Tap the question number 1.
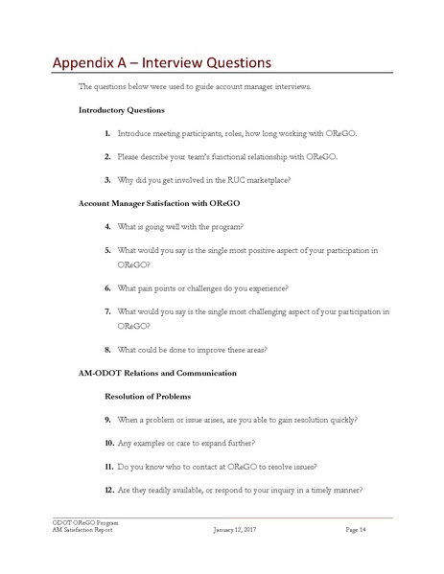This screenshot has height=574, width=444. click(x=106, y=134)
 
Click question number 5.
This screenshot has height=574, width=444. click(x=106, y=249)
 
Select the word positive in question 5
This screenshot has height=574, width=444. click(x=264, y=249)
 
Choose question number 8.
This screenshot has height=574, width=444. click(x=106, y=349)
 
